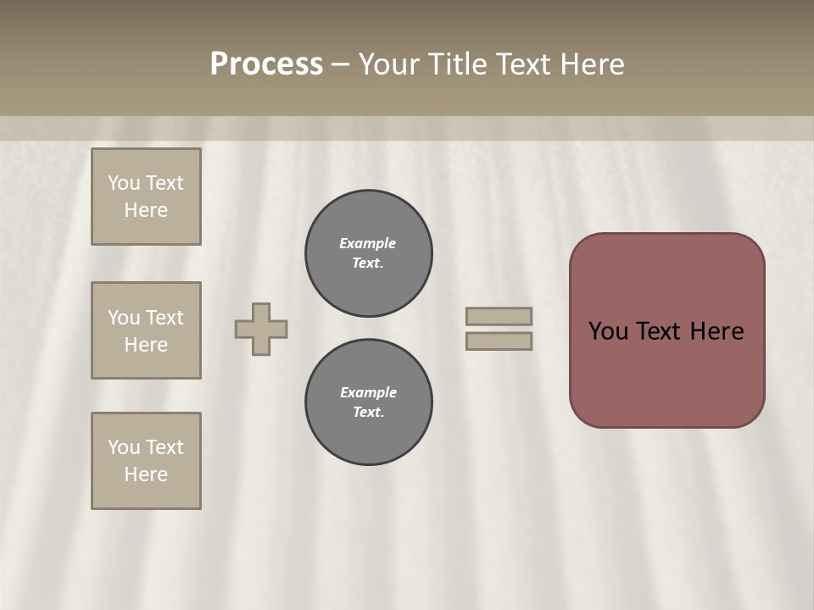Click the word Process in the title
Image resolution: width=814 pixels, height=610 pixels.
[x=266, y=64]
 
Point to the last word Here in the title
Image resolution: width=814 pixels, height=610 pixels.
[x=593, y=64]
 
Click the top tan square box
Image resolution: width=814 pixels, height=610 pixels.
[x=146, y=197]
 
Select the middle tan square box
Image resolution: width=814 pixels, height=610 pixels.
[x=146, y=330]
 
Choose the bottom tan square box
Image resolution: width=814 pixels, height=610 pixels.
[x=146, y=461]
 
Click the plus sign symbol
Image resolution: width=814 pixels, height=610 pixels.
[x=261, y=329]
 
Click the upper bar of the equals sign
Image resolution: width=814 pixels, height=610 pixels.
[x=499, y=316]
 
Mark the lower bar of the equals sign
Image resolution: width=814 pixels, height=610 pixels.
[x=499, y=341]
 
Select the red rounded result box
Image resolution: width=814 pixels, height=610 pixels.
[x=666, y=373]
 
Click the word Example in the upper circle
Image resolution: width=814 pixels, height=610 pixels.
[x=368, y=243]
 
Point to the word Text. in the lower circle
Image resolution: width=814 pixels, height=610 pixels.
[x=368, y=412]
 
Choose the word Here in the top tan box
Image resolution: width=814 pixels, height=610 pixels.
[x=146, y=210]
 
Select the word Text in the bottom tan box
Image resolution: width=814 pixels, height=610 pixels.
[x=164, y=447]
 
